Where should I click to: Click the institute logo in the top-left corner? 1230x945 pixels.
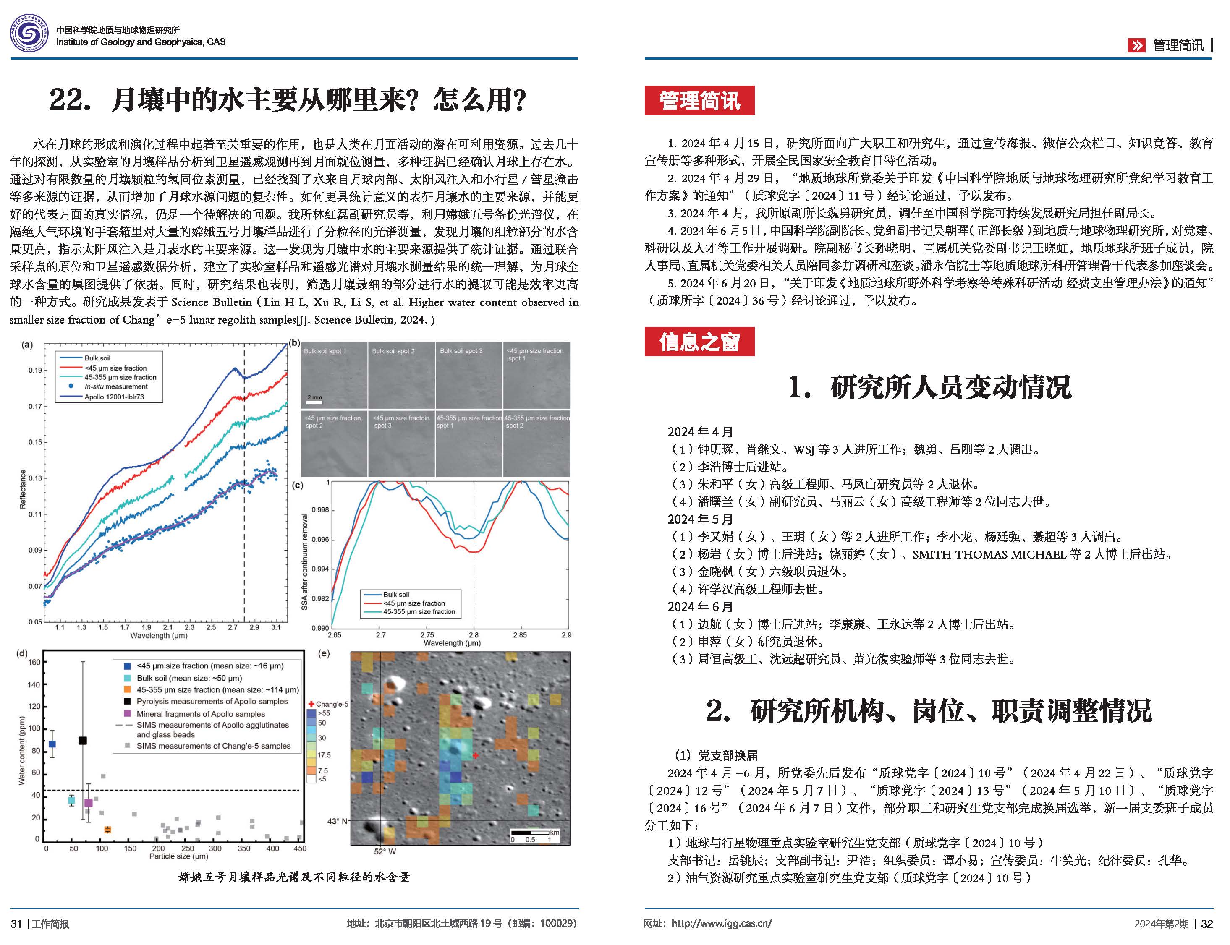[29, 35]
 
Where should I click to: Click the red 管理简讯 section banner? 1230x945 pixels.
[699, 101]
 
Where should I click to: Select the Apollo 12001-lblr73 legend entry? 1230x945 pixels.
[114, 397]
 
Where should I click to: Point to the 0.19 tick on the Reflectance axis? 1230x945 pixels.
[35, 370]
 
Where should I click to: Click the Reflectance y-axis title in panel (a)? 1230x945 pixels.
[23, 489]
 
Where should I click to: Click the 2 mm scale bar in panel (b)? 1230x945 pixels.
[314, 402]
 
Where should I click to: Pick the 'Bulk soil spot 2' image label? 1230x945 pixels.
[393, 351]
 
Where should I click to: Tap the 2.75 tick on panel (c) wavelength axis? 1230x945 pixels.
[427, 634]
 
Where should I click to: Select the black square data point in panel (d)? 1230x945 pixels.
[83, 740]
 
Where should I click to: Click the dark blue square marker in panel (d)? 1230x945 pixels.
[52, 744]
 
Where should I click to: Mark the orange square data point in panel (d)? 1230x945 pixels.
[107, 830]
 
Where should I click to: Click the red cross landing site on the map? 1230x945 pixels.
[476, 755]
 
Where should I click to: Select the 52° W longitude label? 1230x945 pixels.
[385, 851]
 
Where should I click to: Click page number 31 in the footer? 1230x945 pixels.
[16, 924]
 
